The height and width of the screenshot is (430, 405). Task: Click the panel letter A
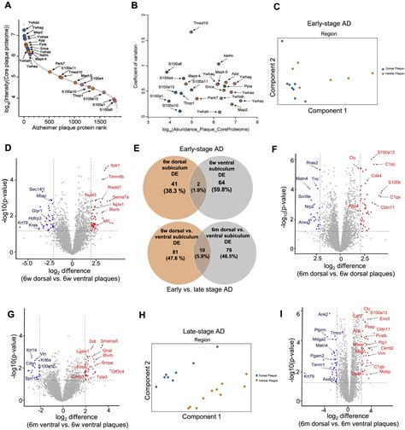[5, 5]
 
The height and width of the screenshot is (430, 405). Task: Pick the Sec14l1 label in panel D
[37, 189]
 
